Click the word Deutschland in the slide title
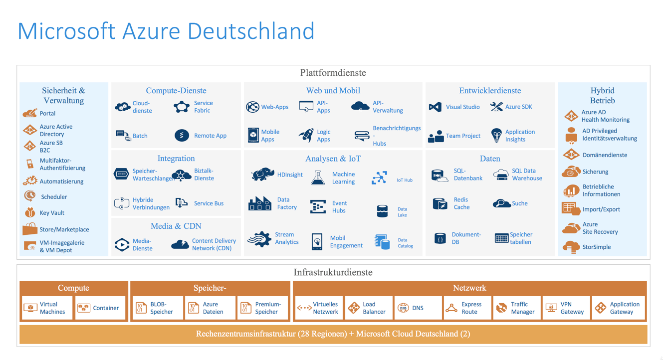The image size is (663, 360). (x=251, y=31)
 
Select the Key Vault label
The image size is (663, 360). (x=52, y=213)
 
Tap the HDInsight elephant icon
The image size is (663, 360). (x=262, y=175)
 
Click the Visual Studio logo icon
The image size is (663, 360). (x=435, y=107)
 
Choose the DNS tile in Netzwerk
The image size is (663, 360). (x=418, y=308)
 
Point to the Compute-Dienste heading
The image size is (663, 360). (x=176, y=91)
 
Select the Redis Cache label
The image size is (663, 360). (x=461, y=203)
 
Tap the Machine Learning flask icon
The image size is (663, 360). (x=318, y=178)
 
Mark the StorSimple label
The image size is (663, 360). (x=596, y=247)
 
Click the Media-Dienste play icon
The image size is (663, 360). (x=122, y=244)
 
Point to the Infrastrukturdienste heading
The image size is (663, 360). (x=333, y=272)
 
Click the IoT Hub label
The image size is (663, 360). (x=404, y=180)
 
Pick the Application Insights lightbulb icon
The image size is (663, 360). (x=496, y=135)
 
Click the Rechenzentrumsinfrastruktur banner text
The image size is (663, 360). (x=333, y=334)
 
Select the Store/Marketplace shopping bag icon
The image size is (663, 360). (x=30, y=229)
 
